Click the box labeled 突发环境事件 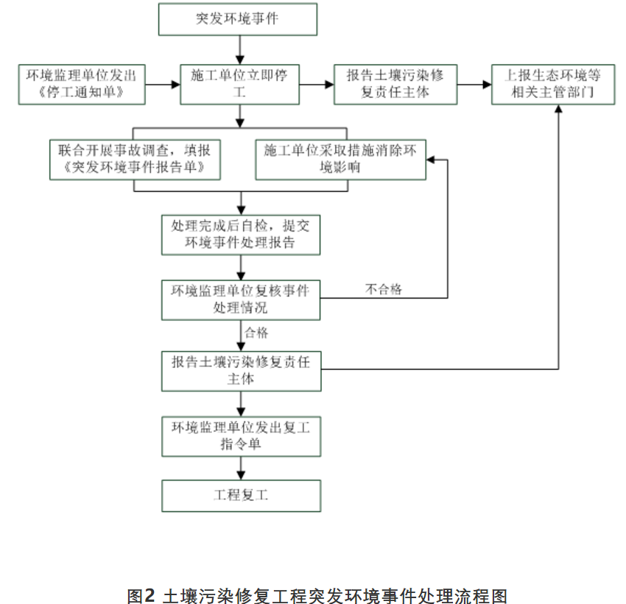coord(238,20)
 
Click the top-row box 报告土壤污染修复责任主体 coord(395,85)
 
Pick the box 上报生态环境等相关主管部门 coord(553,85)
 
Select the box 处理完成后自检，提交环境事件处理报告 coord(241,235)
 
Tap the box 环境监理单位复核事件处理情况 coord(241,299)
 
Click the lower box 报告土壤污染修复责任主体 coord(241,371)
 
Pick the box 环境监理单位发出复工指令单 coord(241,436)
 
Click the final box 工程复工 coord(241,496)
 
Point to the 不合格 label coord(384,289)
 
